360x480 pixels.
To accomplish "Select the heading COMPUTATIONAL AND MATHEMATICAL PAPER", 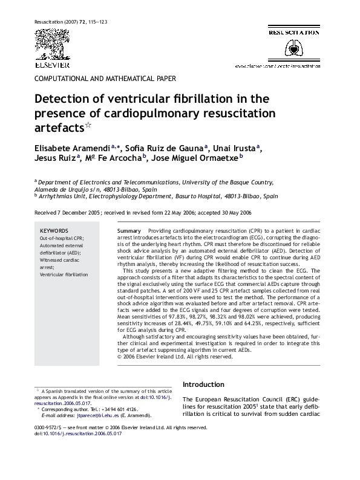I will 105,79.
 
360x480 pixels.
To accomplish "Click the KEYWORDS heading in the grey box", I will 54,232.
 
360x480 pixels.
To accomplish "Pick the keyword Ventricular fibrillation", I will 64,274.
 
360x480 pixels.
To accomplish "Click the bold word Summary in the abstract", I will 129,232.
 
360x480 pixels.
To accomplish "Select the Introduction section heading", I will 203,384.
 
